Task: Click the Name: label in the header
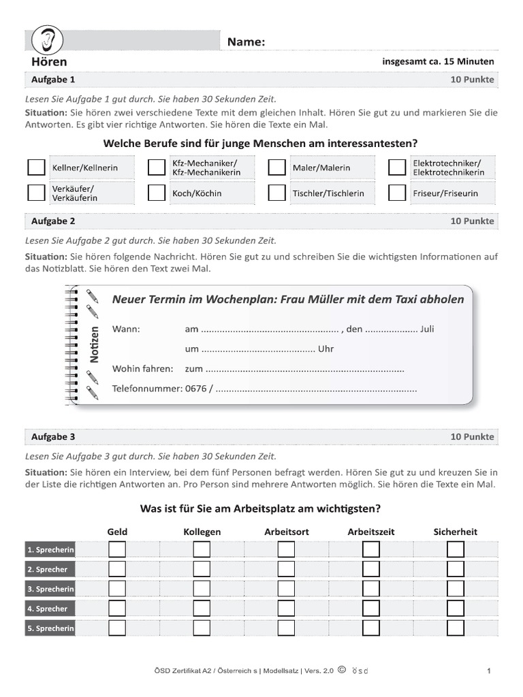pos(246,42)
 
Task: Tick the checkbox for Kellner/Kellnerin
pos(36,167)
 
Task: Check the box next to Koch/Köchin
pos(157,193)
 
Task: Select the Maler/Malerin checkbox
pos(276,167)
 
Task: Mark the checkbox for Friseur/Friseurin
pos(396,193)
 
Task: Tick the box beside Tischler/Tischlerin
pos(276,193)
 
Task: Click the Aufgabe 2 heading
pos(53,221)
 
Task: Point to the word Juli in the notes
pos(428,329)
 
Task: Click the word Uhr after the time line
pos(326,349)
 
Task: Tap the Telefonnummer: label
pos(147,389)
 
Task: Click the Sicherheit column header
pos(455,532)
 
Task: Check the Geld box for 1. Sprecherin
pos(117,549)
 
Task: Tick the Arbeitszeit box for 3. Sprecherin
pos(370,589)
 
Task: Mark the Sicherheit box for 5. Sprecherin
pos(455,628)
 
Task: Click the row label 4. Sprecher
pos(48,609)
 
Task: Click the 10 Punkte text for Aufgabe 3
pos(472,436)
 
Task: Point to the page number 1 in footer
pos(489,671)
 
